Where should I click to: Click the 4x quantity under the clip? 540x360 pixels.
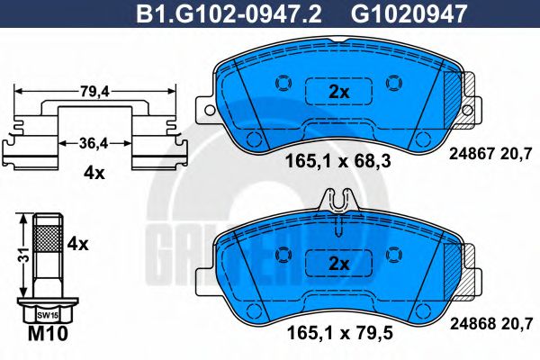coord(94,174)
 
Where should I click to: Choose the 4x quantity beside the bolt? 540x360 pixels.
coord(78,243)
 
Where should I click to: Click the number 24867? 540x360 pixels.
coord(468,153)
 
